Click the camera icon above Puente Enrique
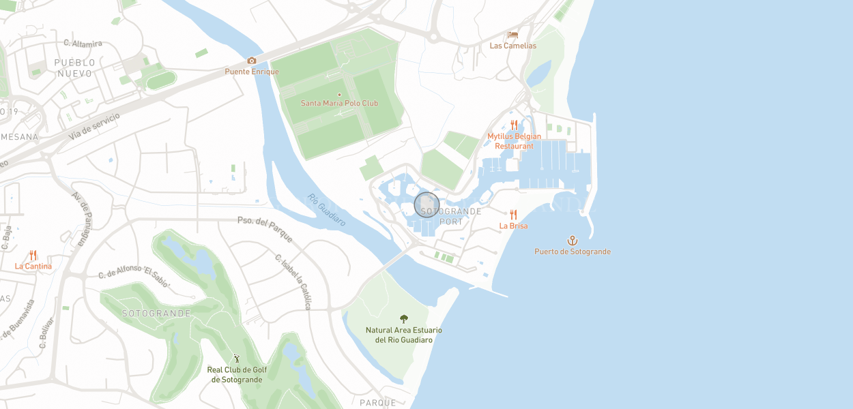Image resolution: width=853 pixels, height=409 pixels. point(252,61)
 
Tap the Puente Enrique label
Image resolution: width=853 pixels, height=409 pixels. point(252,72)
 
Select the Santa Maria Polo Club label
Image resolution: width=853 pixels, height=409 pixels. point(339,104)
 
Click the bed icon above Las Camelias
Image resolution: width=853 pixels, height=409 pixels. point(513,35)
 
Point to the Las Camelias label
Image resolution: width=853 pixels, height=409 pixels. point(513,46)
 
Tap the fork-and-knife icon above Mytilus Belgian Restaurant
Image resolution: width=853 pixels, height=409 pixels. point(515,125)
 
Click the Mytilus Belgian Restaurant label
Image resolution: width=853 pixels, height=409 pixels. point(515,141)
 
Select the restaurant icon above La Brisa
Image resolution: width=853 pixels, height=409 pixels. point(513,215)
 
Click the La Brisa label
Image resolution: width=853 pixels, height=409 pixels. point(513,226)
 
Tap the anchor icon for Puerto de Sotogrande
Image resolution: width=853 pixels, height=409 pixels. point(573,240)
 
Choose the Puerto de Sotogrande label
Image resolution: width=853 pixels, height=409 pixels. point(573,252)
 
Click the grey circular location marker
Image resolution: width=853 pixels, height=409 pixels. point(426,204)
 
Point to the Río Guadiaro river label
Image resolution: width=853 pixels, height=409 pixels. point(326,210)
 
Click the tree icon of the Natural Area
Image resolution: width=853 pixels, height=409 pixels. point(404,318)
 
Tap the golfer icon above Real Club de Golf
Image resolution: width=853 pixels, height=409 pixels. point(237,358)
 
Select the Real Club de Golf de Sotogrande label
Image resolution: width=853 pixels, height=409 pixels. point(237,374)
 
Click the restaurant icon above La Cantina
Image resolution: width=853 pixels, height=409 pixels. point(33,256)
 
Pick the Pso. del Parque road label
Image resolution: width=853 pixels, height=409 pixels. point(265,229)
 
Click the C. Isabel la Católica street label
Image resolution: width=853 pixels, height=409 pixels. point(293,281)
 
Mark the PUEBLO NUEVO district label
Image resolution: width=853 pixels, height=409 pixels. point(75,67)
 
